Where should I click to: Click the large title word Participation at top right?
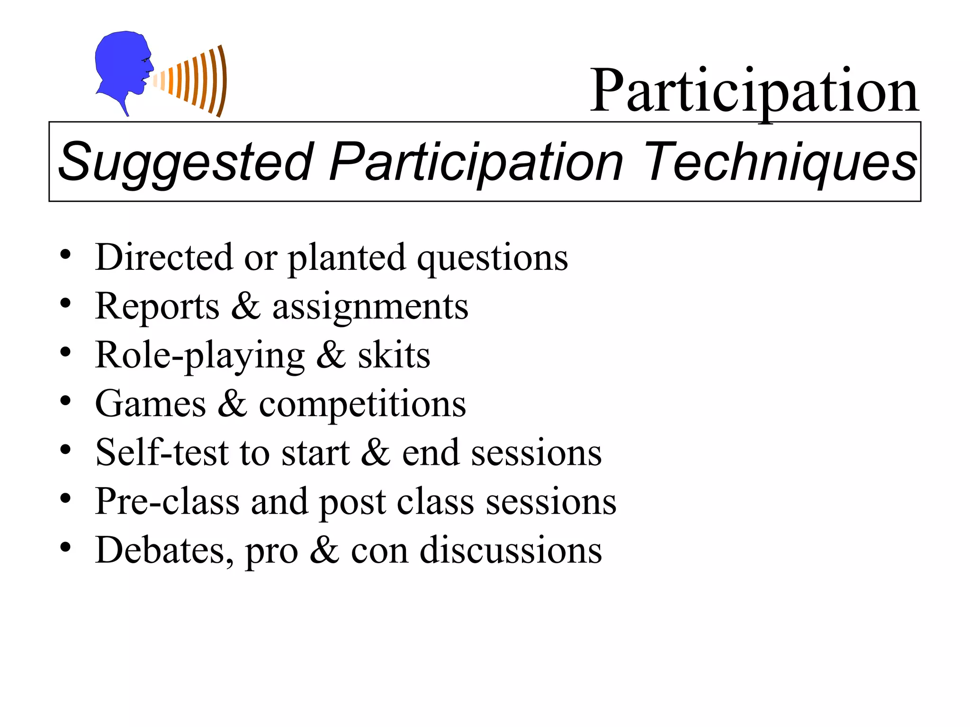[x=754, y=91]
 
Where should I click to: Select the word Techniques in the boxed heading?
[x=780, y=162]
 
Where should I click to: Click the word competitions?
[x=362, y=405]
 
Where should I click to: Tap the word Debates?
[x=164, y=550]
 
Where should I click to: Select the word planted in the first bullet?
[x=347, y=258]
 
